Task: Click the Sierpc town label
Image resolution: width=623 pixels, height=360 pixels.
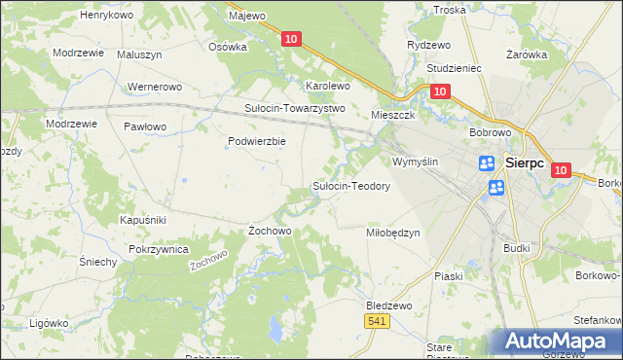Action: coord(531,163)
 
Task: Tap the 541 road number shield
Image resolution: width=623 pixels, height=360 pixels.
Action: coord(378,320)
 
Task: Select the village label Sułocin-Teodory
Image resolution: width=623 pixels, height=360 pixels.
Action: coord(350,186)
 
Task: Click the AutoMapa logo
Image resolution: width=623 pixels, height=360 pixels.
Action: coord(555,342)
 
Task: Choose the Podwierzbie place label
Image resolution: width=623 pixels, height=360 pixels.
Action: coord(256,141)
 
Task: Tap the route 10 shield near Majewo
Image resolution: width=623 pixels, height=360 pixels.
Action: coord(291,39)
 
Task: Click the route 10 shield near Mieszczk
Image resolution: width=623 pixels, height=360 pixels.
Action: coord(439,91)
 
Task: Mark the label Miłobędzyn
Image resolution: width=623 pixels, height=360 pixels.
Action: coord(392,233)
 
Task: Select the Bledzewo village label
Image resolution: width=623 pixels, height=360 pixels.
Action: coord(389,305)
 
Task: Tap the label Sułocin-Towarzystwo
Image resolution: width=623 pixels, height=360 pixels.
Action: coord(295,108)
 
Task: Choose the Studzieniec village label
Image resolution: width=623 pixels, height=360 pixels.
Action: coord(456,69)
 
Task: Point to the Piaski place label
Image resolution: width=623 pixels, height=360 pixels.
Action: coord(449,276)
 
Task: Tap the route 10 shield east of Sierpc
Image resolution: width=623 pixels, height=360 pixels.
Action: coord(560,169)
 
